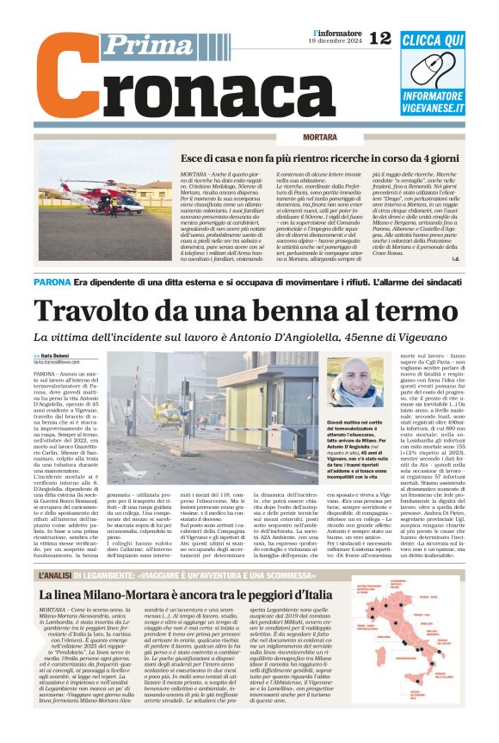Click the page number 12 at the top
pyautogui.click(x=380, y=37)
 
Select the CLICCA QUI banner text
pyautogui.click(x=433, y=40)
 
